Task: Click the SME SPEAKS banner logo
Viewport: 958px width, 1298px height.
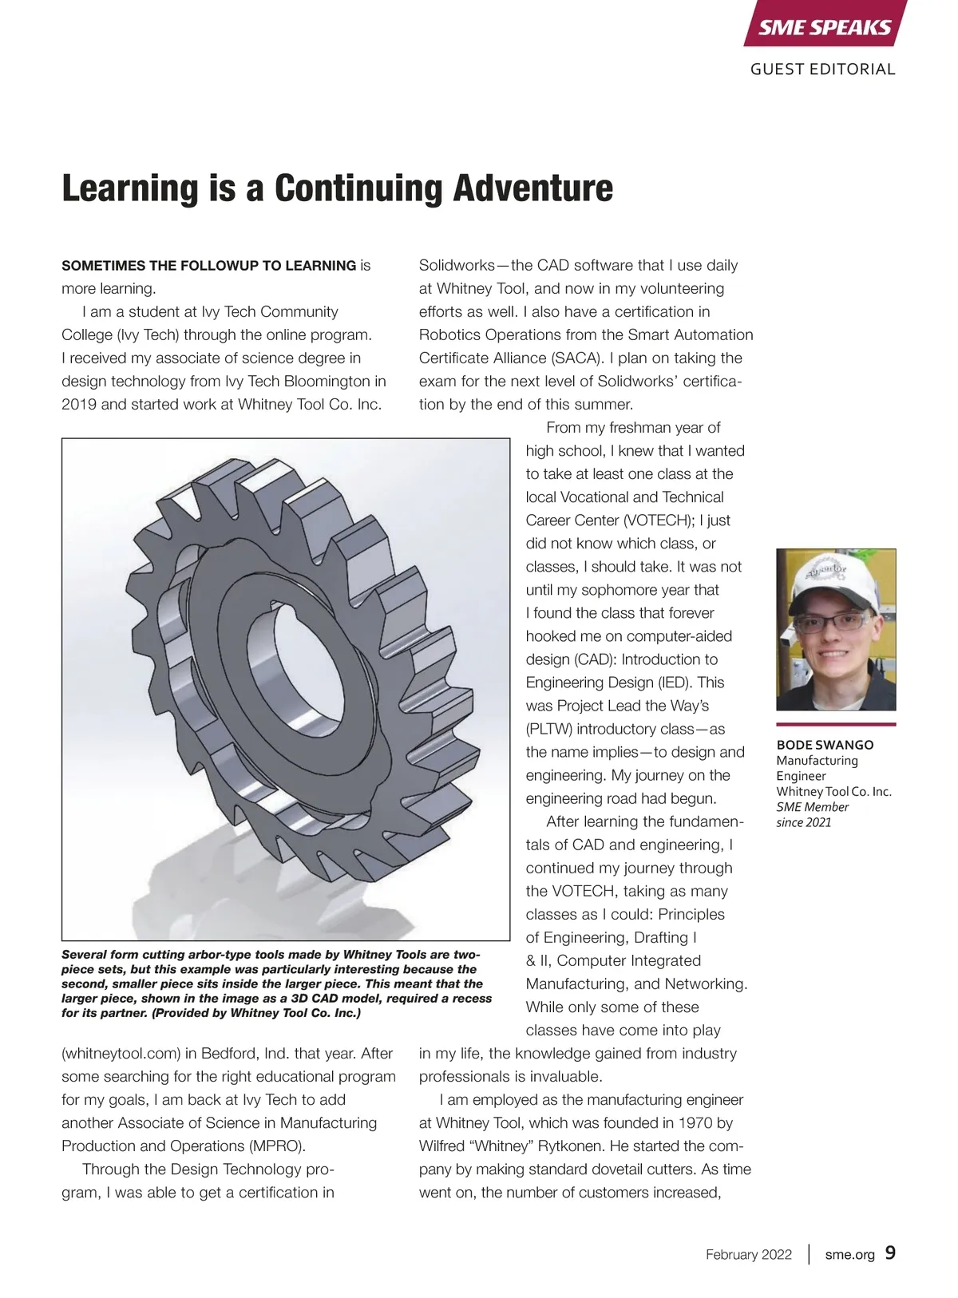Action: [825, 27]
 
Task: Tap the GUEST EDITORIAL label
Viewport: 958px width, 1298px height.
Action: [822, 69]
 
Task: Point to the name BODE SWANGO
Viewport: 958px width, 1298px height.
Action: [825, 745]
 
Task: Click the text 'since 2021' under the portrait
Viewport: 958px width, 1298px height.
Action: [804, 822]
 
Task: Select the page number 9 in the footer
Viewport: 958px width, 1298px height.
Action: [890, 1253]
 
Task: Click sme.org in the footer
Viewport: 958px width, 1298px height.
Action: [849, 1255]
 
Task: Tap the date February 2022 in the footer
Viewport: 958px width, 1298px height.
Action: [748, 1255]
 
